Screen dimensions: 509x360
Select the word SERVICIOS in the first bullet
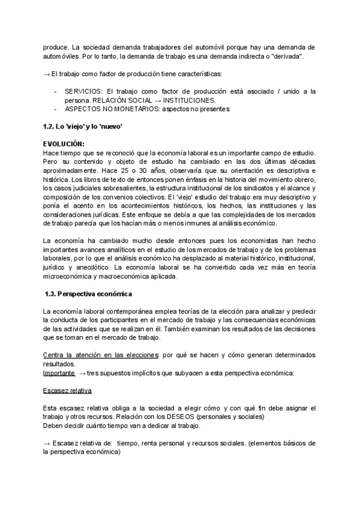click(83, 91)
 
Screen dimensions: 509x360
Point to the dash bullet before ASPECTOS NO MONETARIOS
click(56, 109)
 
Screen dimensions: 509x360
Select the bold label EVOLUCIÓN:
click(64, 145)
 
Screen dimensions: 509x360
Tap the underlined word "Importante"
click(59, 373)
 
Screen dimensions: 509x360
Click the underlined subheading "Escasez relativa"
click(67, 390)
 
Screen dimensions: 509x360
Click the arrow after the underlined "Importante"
click(82, 373)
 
